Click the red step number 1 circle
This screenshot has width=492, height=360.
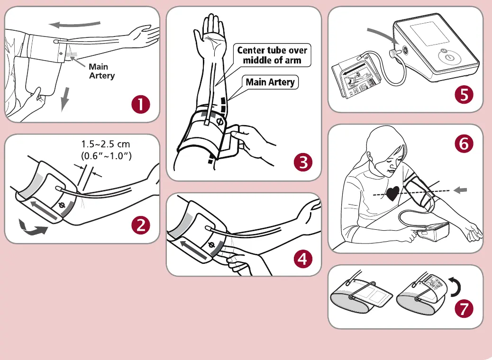coord(141,104)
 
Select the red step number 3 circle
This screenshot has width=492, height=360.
coord(303,162)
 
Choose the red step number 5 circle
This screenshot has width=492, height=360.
coord(464,94)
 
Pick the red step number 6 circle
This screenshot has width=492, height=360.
coord(464,144)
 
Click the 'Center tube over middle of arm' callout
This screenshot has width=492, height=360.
coord(272,55)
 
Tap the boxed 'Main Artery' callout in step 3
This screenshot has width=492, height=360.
coord(270,82)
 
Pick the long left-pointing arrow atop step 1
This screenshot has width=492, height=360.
coord(76,24)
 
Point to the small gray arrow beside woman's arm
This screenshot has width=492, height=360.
coord(461,190)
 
